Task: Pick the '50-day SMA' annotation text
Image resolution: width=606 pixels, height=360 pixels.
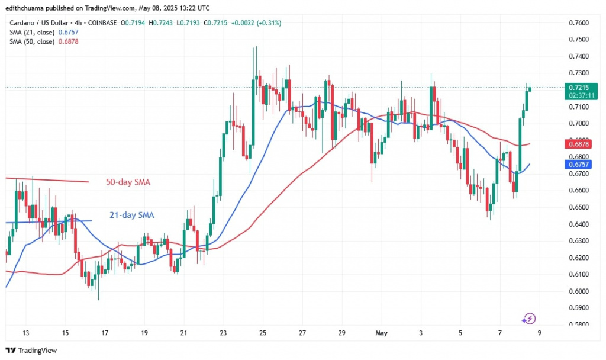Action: click(x=128, y=182)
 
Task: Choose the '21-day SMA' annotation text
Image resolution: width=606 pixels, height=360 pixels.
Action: click(x=131, y=215)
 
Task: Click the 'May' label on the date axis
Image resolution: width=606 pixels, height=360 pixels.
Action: click(x=381, y=332)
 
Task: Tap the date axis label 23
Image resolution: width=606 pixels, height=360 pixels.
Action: click(x=223, y=332)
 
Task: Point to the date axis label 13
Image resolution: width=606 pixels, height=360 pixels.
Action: click(x=26, y=332)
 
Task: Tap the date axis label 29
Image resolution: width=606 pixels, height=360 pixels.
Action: click(x=341, y=332)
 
